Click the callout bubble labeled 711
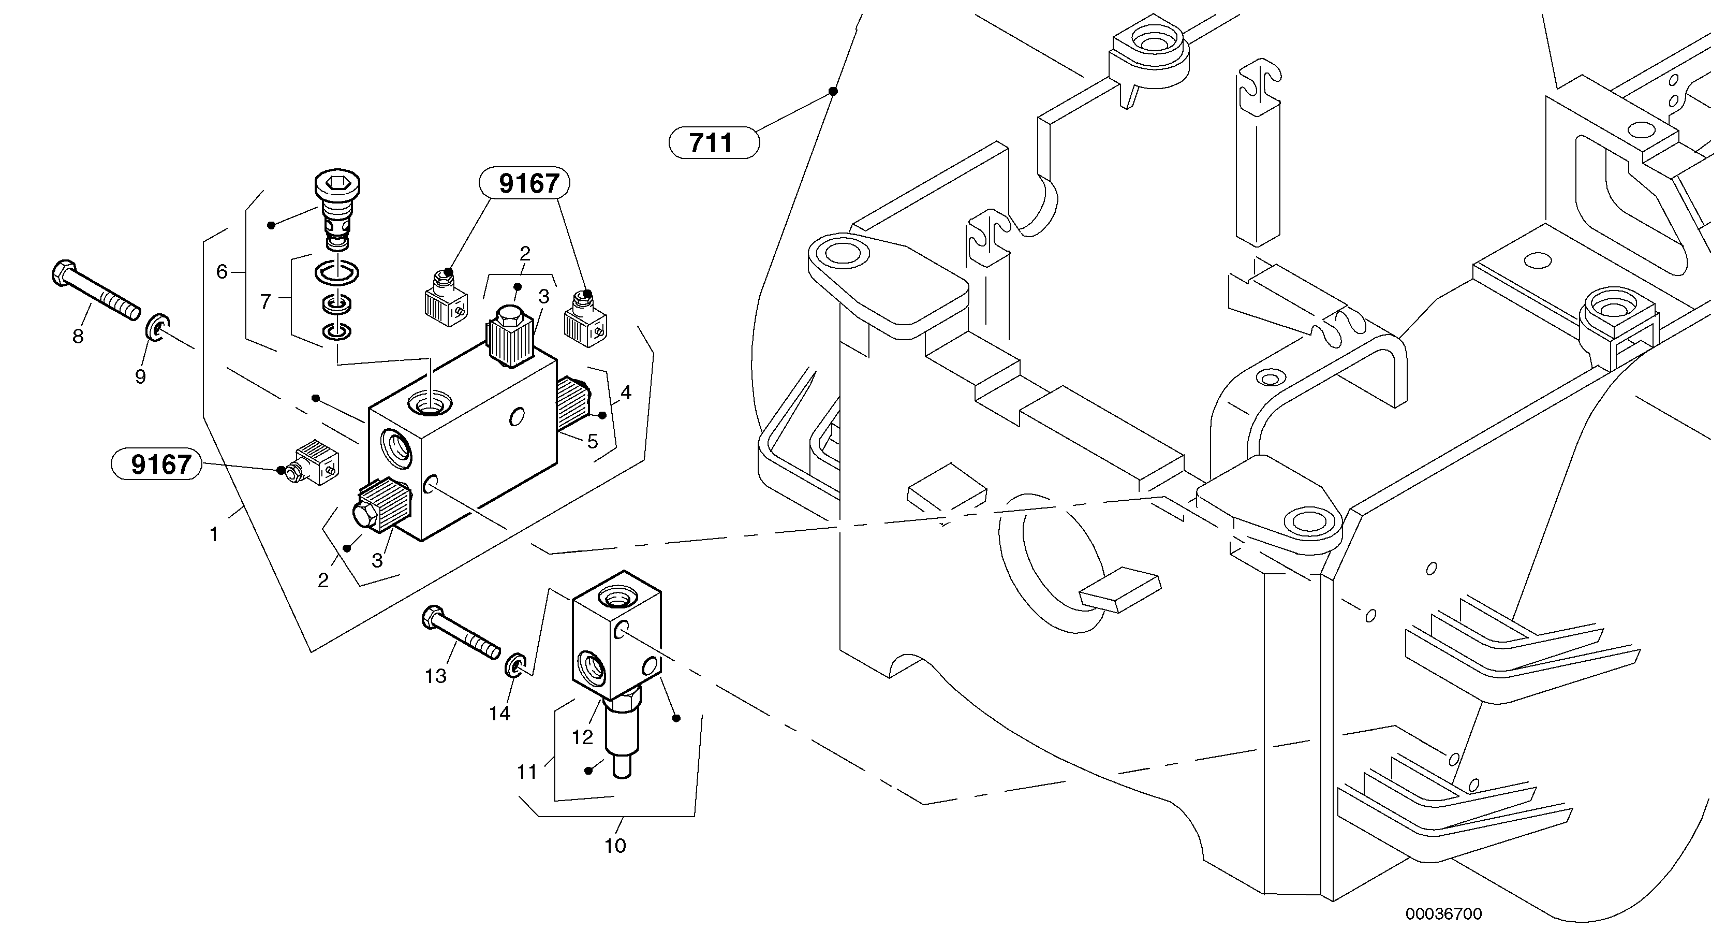click(x=714, y=143)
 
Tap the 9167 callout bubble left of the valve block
click(x=156, y=464)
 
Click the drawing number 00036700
click(x=1443, y=914)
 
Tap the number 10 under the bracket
click(x=614, y=846)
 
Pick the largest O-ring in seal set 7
click(x=336, y=272)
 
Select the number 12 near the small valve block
click(x=582, y=737)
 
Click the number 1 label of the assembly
click(x=214, y=534)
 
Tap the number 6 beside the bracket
click(x=222, y=271)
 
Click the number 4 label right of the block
click(x=626, y=392)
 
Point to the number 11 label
click(x=527, y=773)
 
